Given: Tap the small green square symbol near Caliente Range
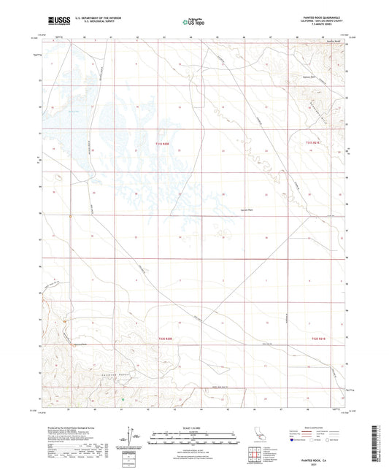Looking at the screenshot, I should coord(123,399).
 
